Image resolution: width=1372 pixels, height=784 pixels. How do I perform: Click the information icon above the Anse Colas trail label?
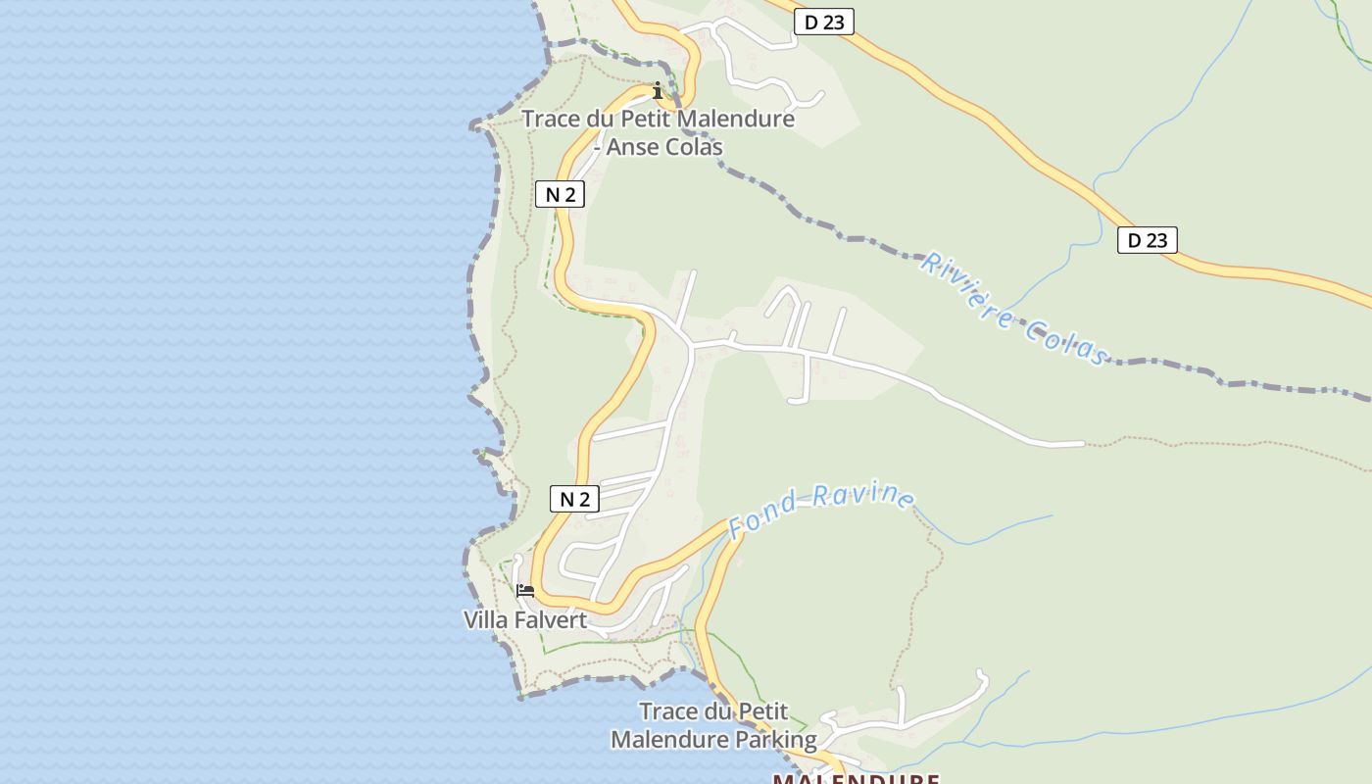[658, 91]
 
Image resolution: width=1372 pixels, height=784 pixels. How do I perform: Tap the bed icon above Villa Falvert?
[525, 591]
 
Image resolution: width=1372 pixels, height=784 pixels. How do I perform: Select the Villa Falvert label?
[525, 619]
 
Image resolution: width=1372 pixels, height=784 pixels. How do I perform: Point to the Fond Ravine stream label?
[821, 509]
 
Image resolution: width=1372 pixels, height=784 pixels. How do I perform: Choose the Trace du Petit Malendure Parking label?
[713, 725]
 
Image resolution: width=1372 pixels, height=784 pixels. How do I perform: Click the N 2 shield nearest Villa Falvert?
[573, 499]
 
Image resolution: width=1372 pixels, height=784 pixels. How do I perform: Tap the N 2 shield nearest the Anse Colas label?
[561, 194]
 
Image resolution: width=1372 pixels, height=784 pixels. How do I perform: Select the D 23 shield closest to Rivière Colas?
[1147, 240]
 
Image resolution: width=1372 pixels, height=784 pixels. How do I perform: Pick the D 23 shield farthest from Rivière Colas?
[823, 22]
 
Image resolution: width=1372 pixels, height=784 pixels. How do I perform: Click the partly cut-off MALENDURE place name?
[857, 778]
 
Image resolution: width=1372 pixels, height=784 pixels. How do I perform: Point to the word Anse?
[635, 147]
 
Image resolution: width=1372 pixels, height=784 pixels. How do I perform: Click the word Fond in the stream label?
[761, 520]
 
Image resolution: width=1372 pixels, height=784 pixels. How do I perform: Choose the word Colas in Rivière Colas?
[1068, 338]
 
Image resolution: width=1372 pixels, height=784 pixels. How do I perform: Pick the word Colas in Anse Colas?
[692, 147]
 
